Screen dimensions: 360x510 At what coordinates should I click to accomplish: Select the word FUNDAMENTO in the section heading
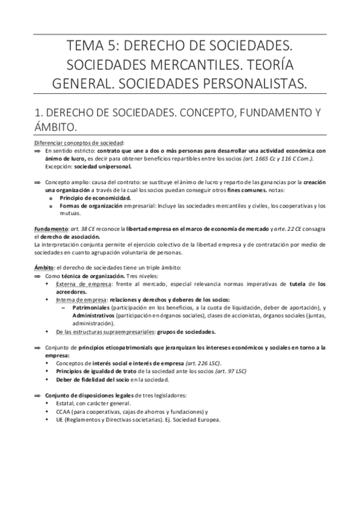[x=272, y=112]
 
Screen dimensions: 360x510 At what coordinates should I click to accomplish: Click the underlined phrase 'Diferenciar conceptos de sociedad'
[x=96, y=143]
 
